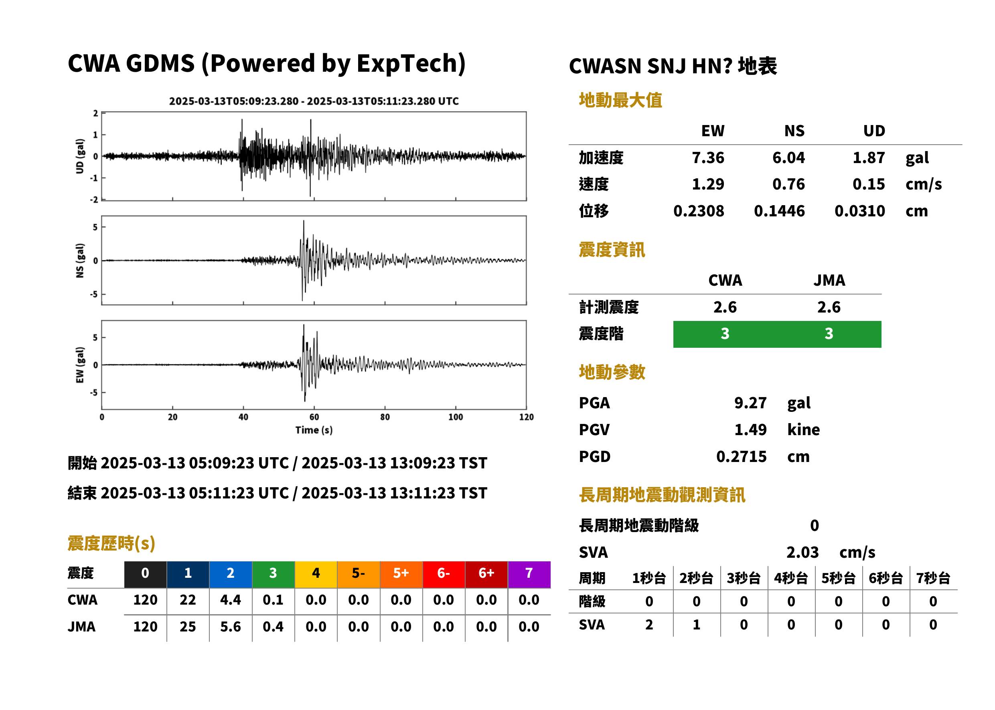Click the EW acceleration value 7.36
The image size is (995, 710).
click(x=707, y=157)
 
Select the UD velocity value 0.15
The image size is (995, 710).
click(x=869, y=184)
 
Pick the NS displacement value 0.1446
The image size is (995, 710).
click(x=779, y=211)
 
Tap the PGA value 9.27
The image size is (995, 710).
click(x=750, y=403)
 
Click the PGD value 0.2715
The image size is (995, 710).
click(x=742, y=456)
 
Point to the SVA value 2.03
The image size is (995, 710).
click(x=802, y=552)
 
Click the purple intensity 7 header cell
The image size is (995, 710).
click(x=529, y=574)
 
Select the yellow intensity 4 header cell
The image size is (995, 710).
click(x=316, y=574)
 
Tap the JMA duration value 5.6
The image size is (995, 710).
click(x=231, y=627)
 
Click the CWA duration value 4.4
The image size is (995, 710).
click(x=231, y=600)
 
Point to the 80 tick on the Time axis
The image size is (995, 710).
click(x=385, y=417)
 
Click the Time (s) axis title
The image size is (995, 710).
click(x=314, y=430)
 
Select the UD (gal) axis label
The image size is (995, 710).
click(x=80, y=156)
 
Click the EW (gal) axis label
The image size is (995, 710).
click(x=80, y=365)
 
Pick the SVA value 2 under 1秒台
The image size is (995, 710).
click(x=649, y=624)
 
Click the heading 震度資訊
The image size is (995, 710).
click(x=612, y=250)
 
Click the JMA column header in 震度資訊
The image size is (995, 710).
click(x=829, y=280)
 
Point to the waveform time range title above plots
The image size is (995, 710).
click(x=314, y=101)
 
